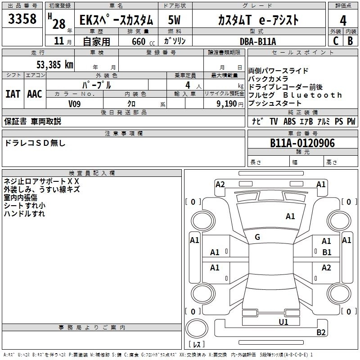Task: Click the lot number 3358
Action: click(x=23, y=19)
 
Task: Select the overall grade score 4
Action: click(x=343, y=20)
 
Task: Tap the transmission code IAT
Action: click(x=13, y=94)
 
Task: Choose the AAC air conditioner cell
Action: click(x=34, y=94)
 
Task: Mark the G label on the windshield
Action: click(x=257, y=237)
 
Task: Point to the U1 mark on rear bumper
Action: click(x=283, y=322)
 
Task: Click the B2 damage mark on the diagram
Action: click(x=321, y=333)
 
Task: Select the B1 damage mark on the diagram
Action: click(x=327, y=252)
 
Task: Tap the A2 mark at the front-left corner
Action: click(x=220, y=184)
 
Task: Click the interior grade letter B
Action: click(x=350, y=41)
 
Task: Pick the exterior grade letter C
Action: click(x=335, y=41)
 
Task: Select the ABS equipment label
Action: click(x=289, y=121)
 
